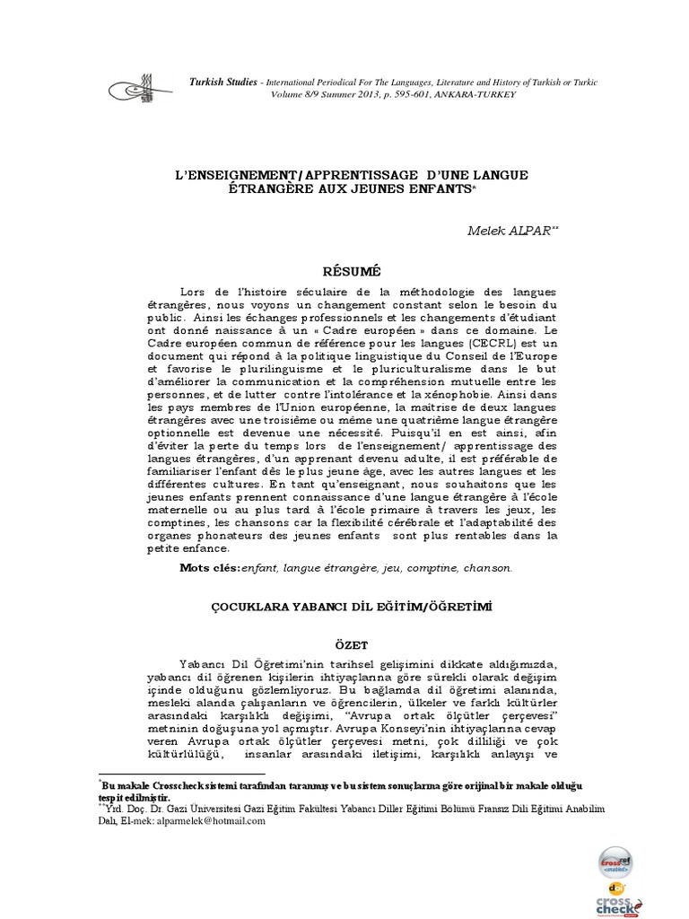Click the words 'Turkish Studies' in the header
(222, 82)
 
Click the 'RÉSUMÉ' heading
(344, 269)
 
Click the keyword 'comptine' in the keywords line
(435, 567)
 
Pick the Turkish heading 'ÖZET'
(344, 643)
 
